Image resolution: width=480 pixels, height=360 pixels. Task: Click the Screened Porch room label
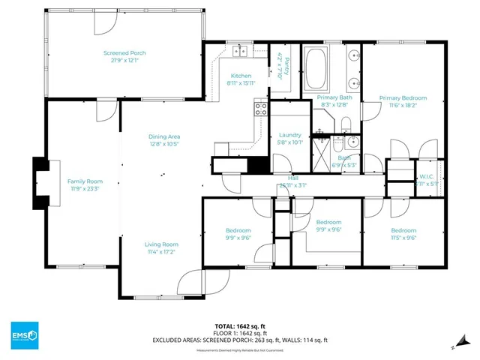[x=124, y=53]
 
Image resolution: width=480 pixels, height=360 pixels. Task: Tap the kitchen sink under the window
[x=241, y=51]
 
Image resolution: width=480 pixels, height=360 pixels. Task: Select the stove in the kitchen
[x=261, y=111]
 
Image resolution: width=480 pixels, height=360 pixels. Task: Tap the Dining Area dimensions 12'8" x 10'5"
[x=164, y=143]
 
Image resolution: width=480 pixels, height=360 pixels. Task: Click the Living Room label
[x=161, y=244]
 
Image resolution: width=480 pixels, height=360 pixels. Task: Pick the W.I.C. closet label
[x=423, y=176]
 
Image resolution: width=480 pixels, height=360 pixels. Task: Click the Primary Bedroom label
[x=403, y=98]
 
